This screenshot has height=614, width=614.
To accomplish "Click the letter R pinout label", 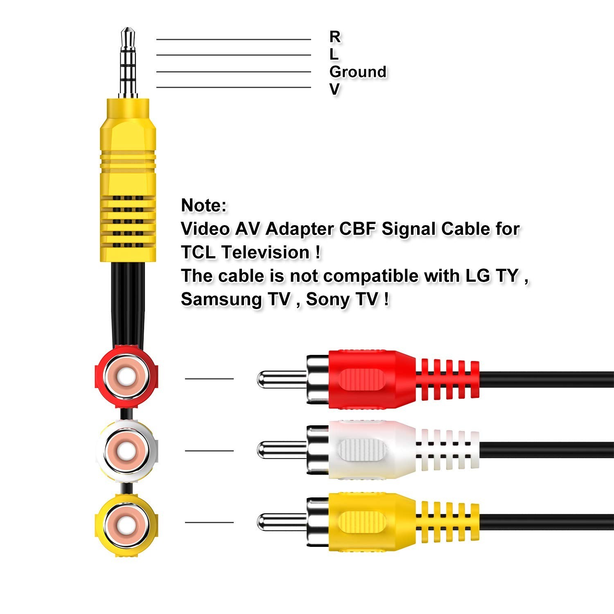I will point(335,36).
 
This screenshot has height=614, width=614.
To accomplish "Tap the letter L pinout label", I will point(334,54).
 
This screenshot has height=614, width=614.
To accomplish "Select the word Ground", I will point(358,72).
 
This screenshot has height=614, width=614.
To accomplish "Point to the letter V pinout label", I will point(334,89).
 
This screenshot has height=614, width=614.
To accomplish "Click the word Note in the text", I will point(203,205).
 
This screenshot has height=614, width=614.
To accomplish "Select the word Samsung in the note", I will point(221,299).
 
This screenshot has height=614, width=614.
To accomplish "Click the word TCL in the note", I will point(198,252).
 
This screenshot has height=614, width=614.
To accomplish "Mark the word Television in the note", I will point(266,252).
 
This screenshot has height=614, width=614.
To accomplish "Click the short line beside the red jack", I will point(209,379).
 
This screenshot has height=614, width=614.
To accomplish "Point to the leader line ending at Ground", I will point(233,72).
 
